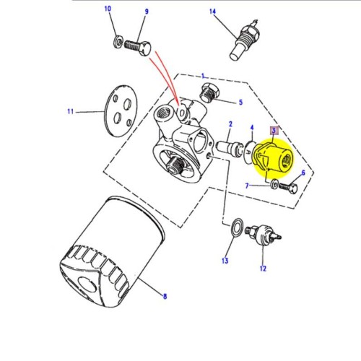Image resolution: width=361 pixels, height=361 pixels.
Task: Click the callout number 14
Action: pyautogui.click(x=213, y=12)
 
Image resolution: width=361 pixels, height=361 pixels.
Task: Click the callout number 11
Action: pyautogui.click(x=71, y=112)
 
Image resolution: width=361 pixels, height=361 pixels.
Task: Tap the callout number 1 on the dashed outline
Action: pyautogui.click(x=204, y=75)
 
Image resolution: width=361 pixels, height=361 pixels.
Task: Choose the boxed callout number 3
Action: pyautogui.click(x=274, y=131)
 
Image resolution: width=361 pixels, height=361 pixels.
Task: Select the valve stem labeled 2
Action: pyautogui.click(x=235, y=148)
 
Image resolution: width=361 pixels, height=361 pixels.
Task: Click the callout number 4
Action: pyautogui.click(x=251, y=127)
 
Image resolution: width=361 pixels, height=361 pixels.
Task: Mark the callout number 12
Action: pyautogui.click(x=264, y=269)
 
